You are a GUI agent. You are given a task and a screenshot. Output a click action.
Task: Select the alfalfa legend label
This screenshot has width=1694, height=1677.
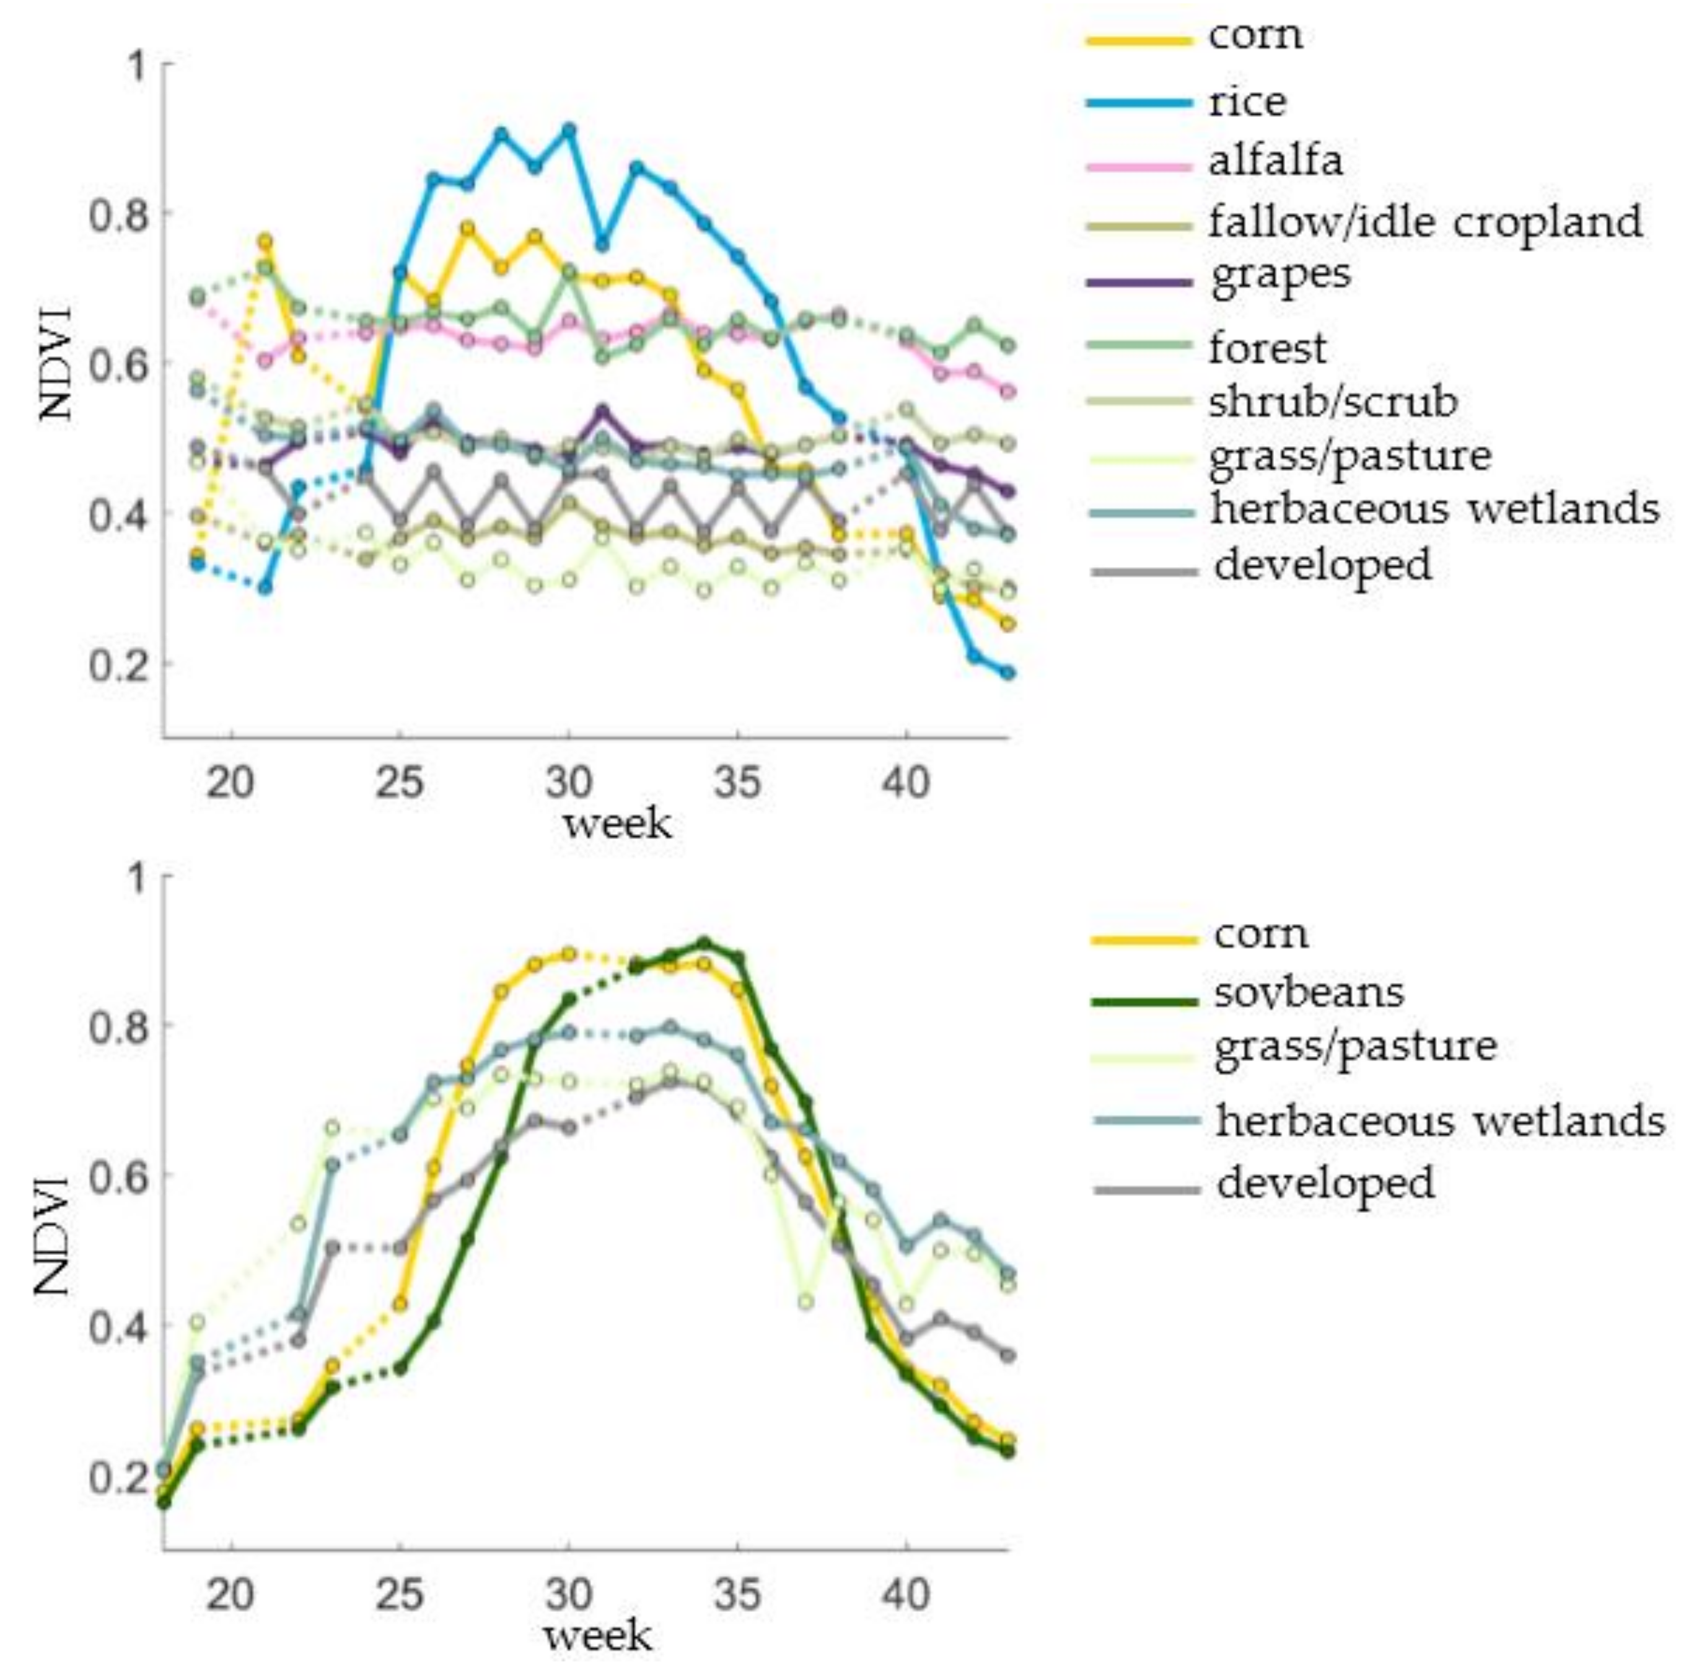1275,161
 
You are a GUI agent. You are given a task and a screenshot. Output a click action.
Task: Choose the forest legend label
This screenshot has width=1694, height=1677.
1267,348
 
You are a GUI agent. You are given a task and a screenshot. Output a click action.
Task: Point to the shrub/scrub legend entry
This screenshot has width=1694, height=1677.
1333,402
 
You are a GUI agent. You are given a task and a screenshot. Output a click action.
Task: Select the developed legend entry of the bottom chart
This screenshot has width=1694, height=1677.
1325,1183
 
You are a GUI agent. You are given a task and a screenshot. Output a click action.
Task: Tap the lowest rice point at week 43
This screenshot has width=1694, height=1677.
1007,673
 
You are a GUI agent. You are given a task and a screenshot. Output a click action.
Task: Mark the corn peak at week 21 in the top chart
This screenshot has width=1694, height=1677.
265,241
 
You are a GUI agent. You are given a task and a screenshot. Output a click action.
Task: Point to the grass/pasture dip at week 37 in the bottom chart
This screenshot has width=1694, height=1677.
805,1301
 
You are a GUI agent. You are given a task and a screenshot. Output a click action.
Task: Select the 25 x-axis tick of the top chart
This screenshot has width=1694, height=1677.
400,781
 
